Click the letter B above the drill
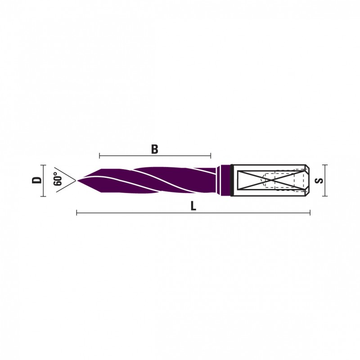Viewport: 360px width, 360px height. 155,149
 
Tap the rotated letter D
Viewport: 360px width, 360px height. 37,180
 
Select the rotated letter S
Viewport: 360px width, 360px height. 319,180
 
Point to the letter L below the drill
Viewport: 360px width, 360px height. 193,206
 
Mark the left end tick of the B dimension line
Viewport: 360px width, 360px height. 99,156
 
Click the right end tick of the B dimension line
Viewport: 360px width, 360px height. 211,156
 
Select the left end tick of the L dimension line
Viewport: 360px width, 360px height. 76,213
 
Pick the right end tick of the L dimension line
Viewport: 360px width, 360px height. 310,213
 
